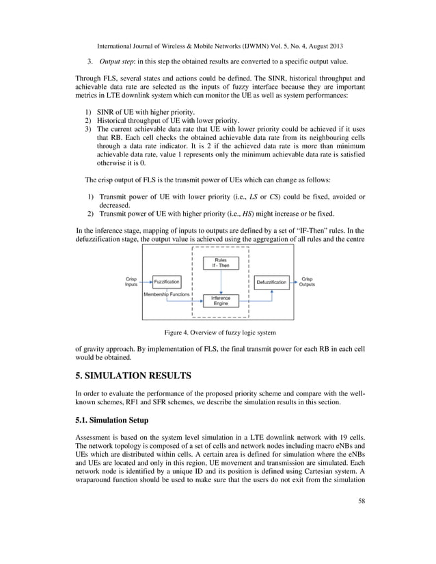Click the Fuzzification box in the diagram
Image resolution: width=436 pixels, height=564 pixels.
167,281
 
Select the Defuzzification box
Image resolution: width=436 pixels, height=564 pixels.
271,281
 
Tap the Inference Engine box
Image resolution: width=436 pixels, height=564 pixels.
220,301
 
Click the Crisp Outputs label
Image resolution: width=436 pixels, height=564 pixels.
307,281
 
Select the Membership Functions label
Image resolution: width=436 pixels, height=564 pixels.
167,294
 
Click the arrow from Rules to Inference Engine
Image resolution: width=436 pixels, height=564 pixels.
220,281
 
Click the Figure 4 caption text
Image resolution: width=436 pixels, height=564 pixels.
219,333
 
